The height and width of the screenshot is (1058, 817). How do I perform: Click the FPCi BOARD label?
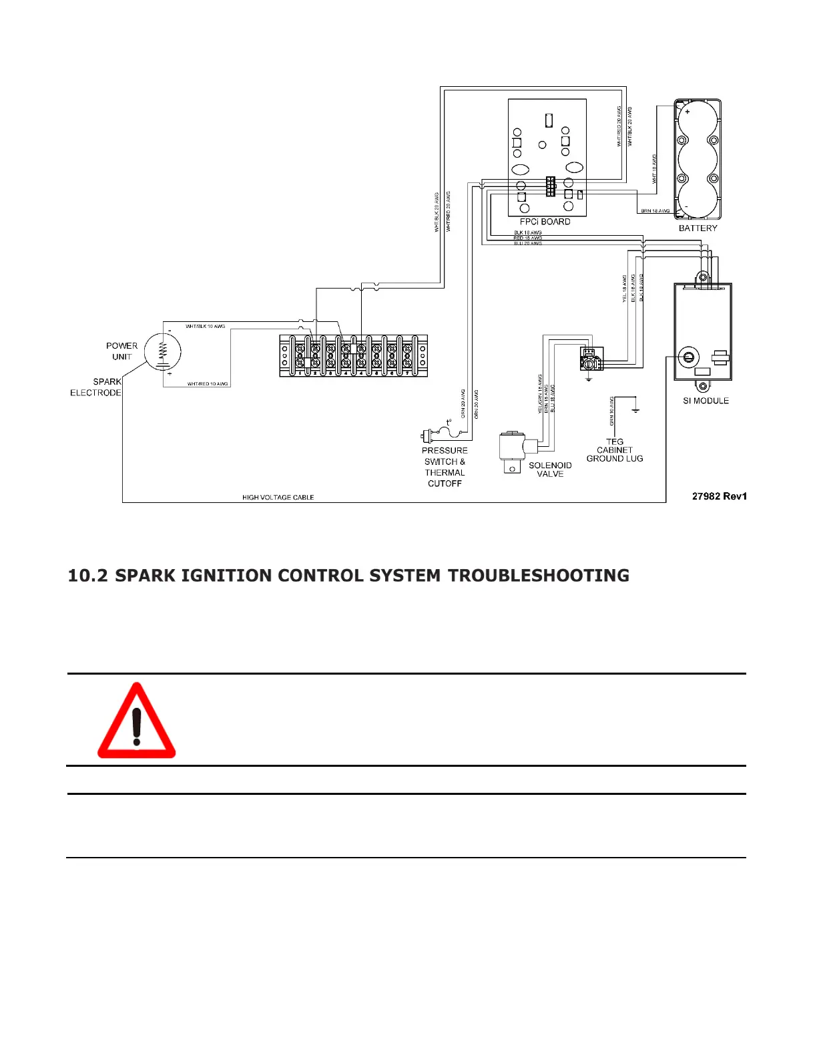[545, 222]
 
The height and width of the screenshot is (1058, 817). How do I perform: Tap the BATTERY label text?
[698, 228]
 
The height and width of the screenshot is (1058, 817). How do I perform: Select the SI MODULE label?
[706, 401]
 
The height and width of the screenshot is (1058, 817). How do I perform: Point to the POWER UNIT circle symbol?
[162, 351]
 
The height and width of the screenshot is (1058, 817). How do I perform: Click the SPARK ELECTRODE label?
[96, 387]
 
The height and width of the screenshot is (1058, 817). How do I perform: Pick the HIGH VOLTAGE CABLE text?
[278, 498]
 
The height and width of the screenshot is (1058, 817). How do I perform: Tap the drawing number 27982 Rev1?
[719, 496]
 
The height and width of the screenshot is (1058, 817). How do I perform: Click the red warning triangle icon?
[136, 721]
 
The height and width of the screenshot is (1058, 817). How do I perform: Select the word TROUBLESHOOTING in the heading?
[538, 576]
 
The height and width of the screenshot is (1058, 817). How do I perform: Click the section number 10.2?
[88, 576]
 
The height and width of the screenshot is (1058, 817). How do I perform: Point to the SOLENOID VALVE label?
[550, 470]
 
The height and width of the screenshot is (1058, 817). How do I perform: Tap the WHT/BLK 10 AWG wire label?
[205, 327]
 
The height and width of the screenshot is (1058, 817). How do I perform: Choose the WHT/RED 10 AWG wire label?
[208, 384]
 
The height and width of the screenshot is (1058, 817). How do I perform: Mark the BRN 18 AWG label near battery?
[655, 211]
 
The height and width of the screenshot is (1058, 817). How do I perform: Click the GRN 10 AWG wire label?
[611, 411]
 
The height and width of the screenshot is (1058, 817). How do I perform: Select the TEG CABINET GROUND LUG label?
[615, 450]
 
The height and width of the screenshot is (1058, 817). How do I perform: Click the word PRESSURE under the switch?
[445, 451]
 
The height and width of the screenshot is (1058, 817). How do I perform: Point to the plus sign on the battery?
[688, 112]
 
